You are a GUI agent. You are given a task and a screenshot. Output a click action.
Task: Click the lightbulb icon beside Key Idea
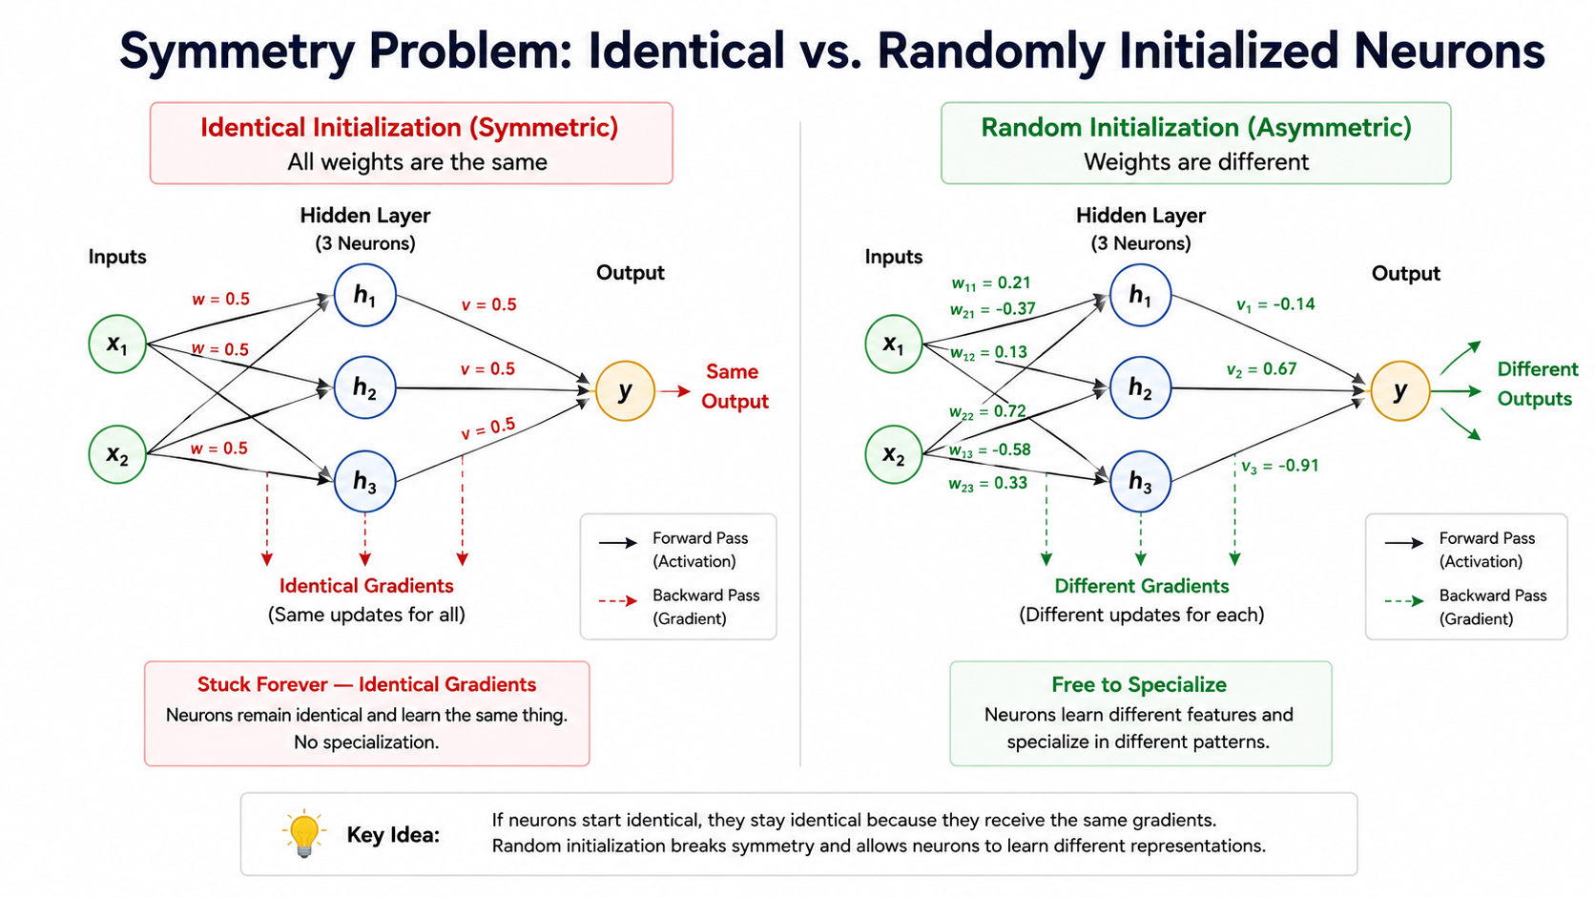pos(304,833)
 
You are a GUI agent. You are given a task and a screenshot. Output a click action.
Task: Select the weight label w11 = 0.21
pos(991,283)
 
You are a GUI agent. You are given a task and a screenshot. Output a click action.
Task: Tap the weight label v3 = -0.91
pos(1279,466)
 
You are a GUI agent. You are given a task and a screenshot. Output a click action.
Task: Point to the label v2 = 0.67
pos(1261,369)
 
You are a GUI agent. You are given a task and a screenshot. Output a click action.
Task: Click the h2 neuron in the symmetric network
pos(364,387)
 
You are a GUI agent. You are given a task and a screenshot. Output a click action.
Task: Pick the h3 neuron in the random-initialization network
pos(1140,481)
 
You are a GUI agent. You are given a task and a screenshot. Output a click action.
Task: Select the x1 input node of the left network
pos(117,344)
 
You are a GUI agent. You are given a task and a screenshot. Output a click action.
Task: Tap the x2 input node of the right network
pos(894,454)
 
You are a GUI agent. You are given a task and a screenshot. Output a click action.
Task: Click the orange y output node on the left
pos(625,390)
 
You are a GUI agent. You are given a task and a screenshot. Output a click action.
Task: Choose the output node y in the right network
pos(1399,390)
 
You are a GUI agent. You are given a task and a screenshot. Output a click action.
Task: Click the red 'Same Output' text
pos(735,386)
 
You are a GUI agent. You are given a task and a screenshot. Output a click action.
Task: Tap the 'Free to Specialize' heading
pos(1139,684)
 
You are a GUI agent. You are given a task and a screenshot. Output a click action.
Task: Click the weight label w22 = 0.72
pos(987,411)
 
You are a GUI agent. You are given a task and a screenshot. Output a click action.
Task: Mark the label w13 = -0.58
pos(989,450)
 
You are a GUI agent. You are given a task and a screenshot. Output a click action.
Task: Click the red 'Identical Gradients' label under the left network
pos(366,585)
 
